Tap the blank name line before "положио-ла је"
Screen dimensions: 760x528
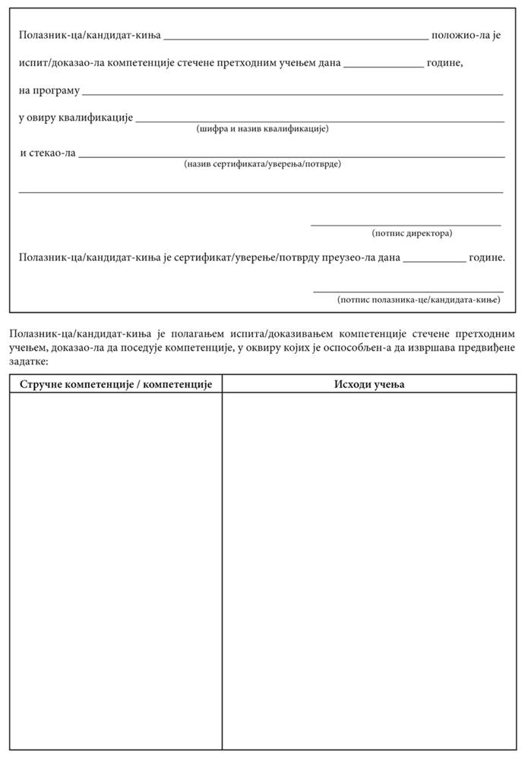pyautogui.click(x=296, y=37)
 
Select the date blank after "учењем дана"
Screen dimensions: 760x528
pyautogui.click(x=384, y=66)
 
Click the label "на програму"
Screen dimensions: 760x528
pyautogui.click(x=49, y=91)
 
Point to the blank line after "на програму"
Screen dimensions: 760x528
pyautogui.click(x=292, y=93)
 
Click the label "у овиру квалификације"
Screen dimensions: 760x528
pyautogui.click(x=76, y=118)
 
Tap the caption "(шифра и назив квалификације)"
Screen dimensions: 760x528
pyautogui.click(x=262, y=129)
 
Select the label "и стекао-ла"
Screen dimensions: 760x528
pyautogui.click(x=48, y=153)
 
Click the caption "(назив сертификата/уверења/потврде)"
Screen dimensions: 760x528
pyautogui.click(x=262, y=164)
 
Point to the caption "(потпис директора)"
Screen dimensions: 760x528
pyautogui.click(x=412, y=233)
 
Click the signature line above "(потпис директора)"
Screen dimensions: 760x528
pyautogui.click(x=406, y=225)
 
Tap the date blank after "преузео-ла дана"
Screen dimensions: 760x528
pyautogui.click(x=435, y=260)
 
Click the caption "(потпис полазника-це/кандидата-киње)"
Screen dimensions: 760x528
pyautogui.click(x=419, y=300)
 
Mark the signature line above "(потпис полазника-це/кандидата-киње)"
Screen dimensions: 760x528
pyautogui.click(x=409, y=292)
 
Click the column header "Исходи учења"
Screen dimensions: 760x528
pyautogui.click(x=369, y=384)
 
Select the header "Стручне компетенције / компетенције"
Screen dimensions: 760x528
pyautogui.click(x=115, y=384)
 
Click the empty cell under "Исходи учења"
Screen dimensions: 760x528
pyautogui.click(x=369, y=569)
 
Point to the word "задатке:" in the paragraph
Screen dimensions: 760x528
pyautogui.click(x=30, y=361)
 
